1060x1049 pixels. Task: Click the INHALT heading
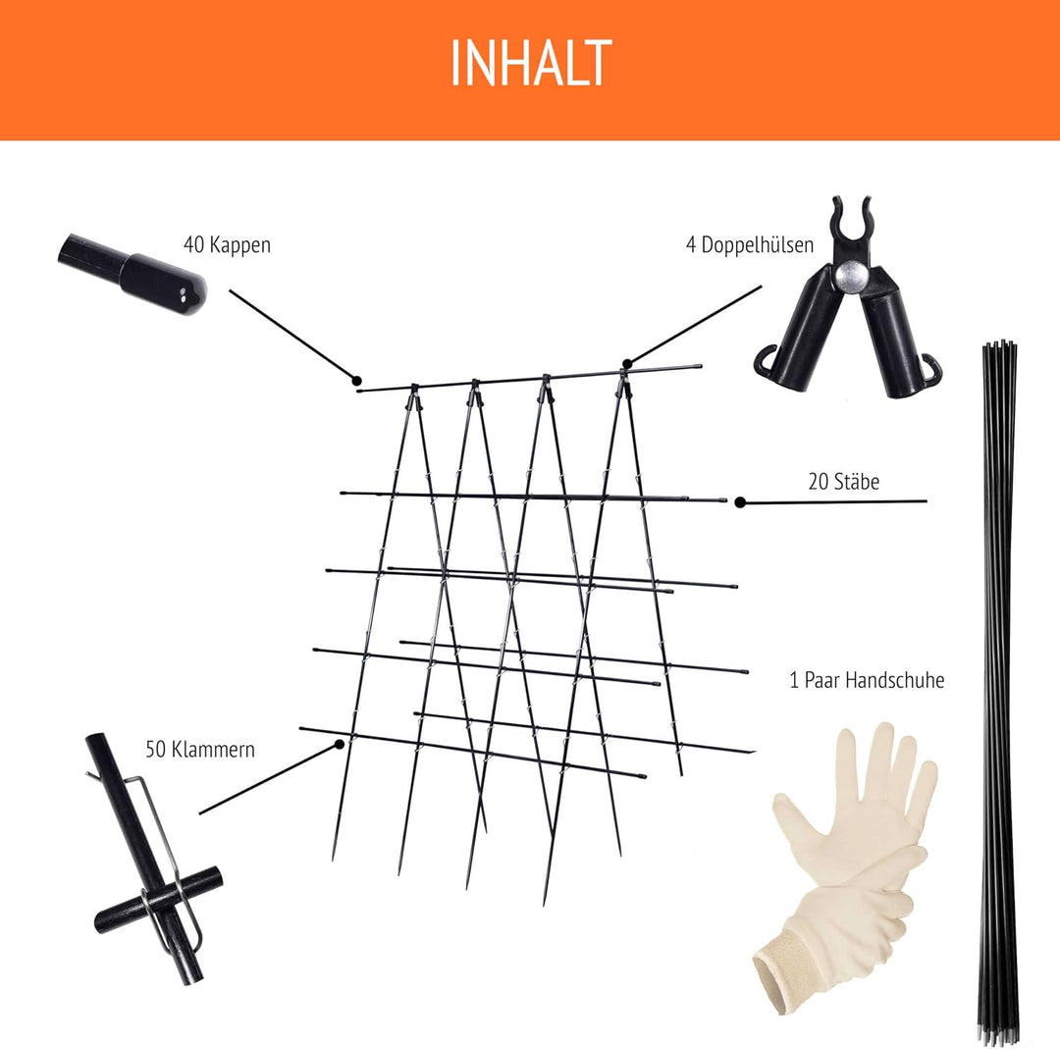tap(531, 62)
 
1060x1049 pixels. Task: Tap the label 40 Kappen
tap(227, 244)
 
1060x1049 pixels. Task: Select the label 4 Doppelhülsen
tap(750, 244)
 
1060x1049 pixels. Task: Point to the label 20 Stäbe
tap(844, 482)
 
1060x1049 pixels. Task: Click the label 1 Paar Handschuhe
tap(867, 680)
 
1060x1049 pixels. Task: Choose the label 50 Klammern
tap(200, 750)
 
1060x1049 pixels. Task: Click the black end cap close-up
tap(132, 274)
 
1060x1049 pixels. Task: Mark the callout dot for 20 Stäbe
tap(740, 502)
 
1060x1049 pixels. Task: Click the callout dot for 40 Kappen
tap(356, 381)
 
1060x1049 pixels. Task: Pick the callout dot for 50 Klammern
tap(340, 744)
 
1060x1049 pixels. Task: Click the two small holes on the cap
tap(184, 292)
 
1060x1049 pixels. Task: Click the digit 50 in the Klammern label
tap(155, 750)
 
